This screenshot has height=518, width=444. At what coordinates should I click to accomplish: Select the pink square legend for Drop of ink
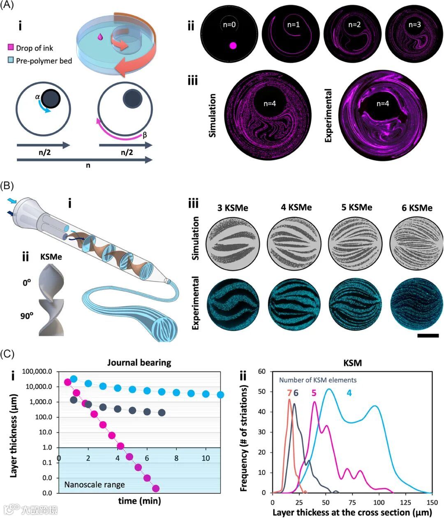tap(11, 48)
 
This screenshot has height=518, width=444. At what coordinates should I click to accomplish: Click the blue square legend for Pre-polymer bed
tap(11, 61)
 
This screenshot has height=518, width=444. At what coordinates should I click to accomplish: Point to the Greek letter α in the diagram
tap(37, 97)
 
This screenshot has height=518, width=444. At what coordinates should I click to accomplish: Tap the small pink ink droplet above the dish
tap(100, 37)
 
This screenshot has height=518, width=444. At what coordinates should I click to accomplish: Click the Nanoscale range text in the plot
tap(94, 485)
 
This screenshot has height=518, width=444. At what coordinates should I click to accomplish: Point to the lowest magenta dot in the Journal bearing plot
tap(156, 488)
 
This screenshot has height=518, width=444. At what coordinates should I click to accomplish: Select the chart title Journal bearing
tap(139, 363)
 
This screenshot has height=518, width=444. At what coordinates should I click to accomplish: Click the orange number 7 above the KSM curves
tap(289, 393)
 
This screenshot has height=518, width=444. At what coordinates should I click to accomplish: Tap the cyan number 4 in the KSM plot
tap(349, 393)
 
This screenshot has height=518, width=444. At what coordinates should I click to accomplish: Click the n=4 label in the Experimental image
tap(383, 104)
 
